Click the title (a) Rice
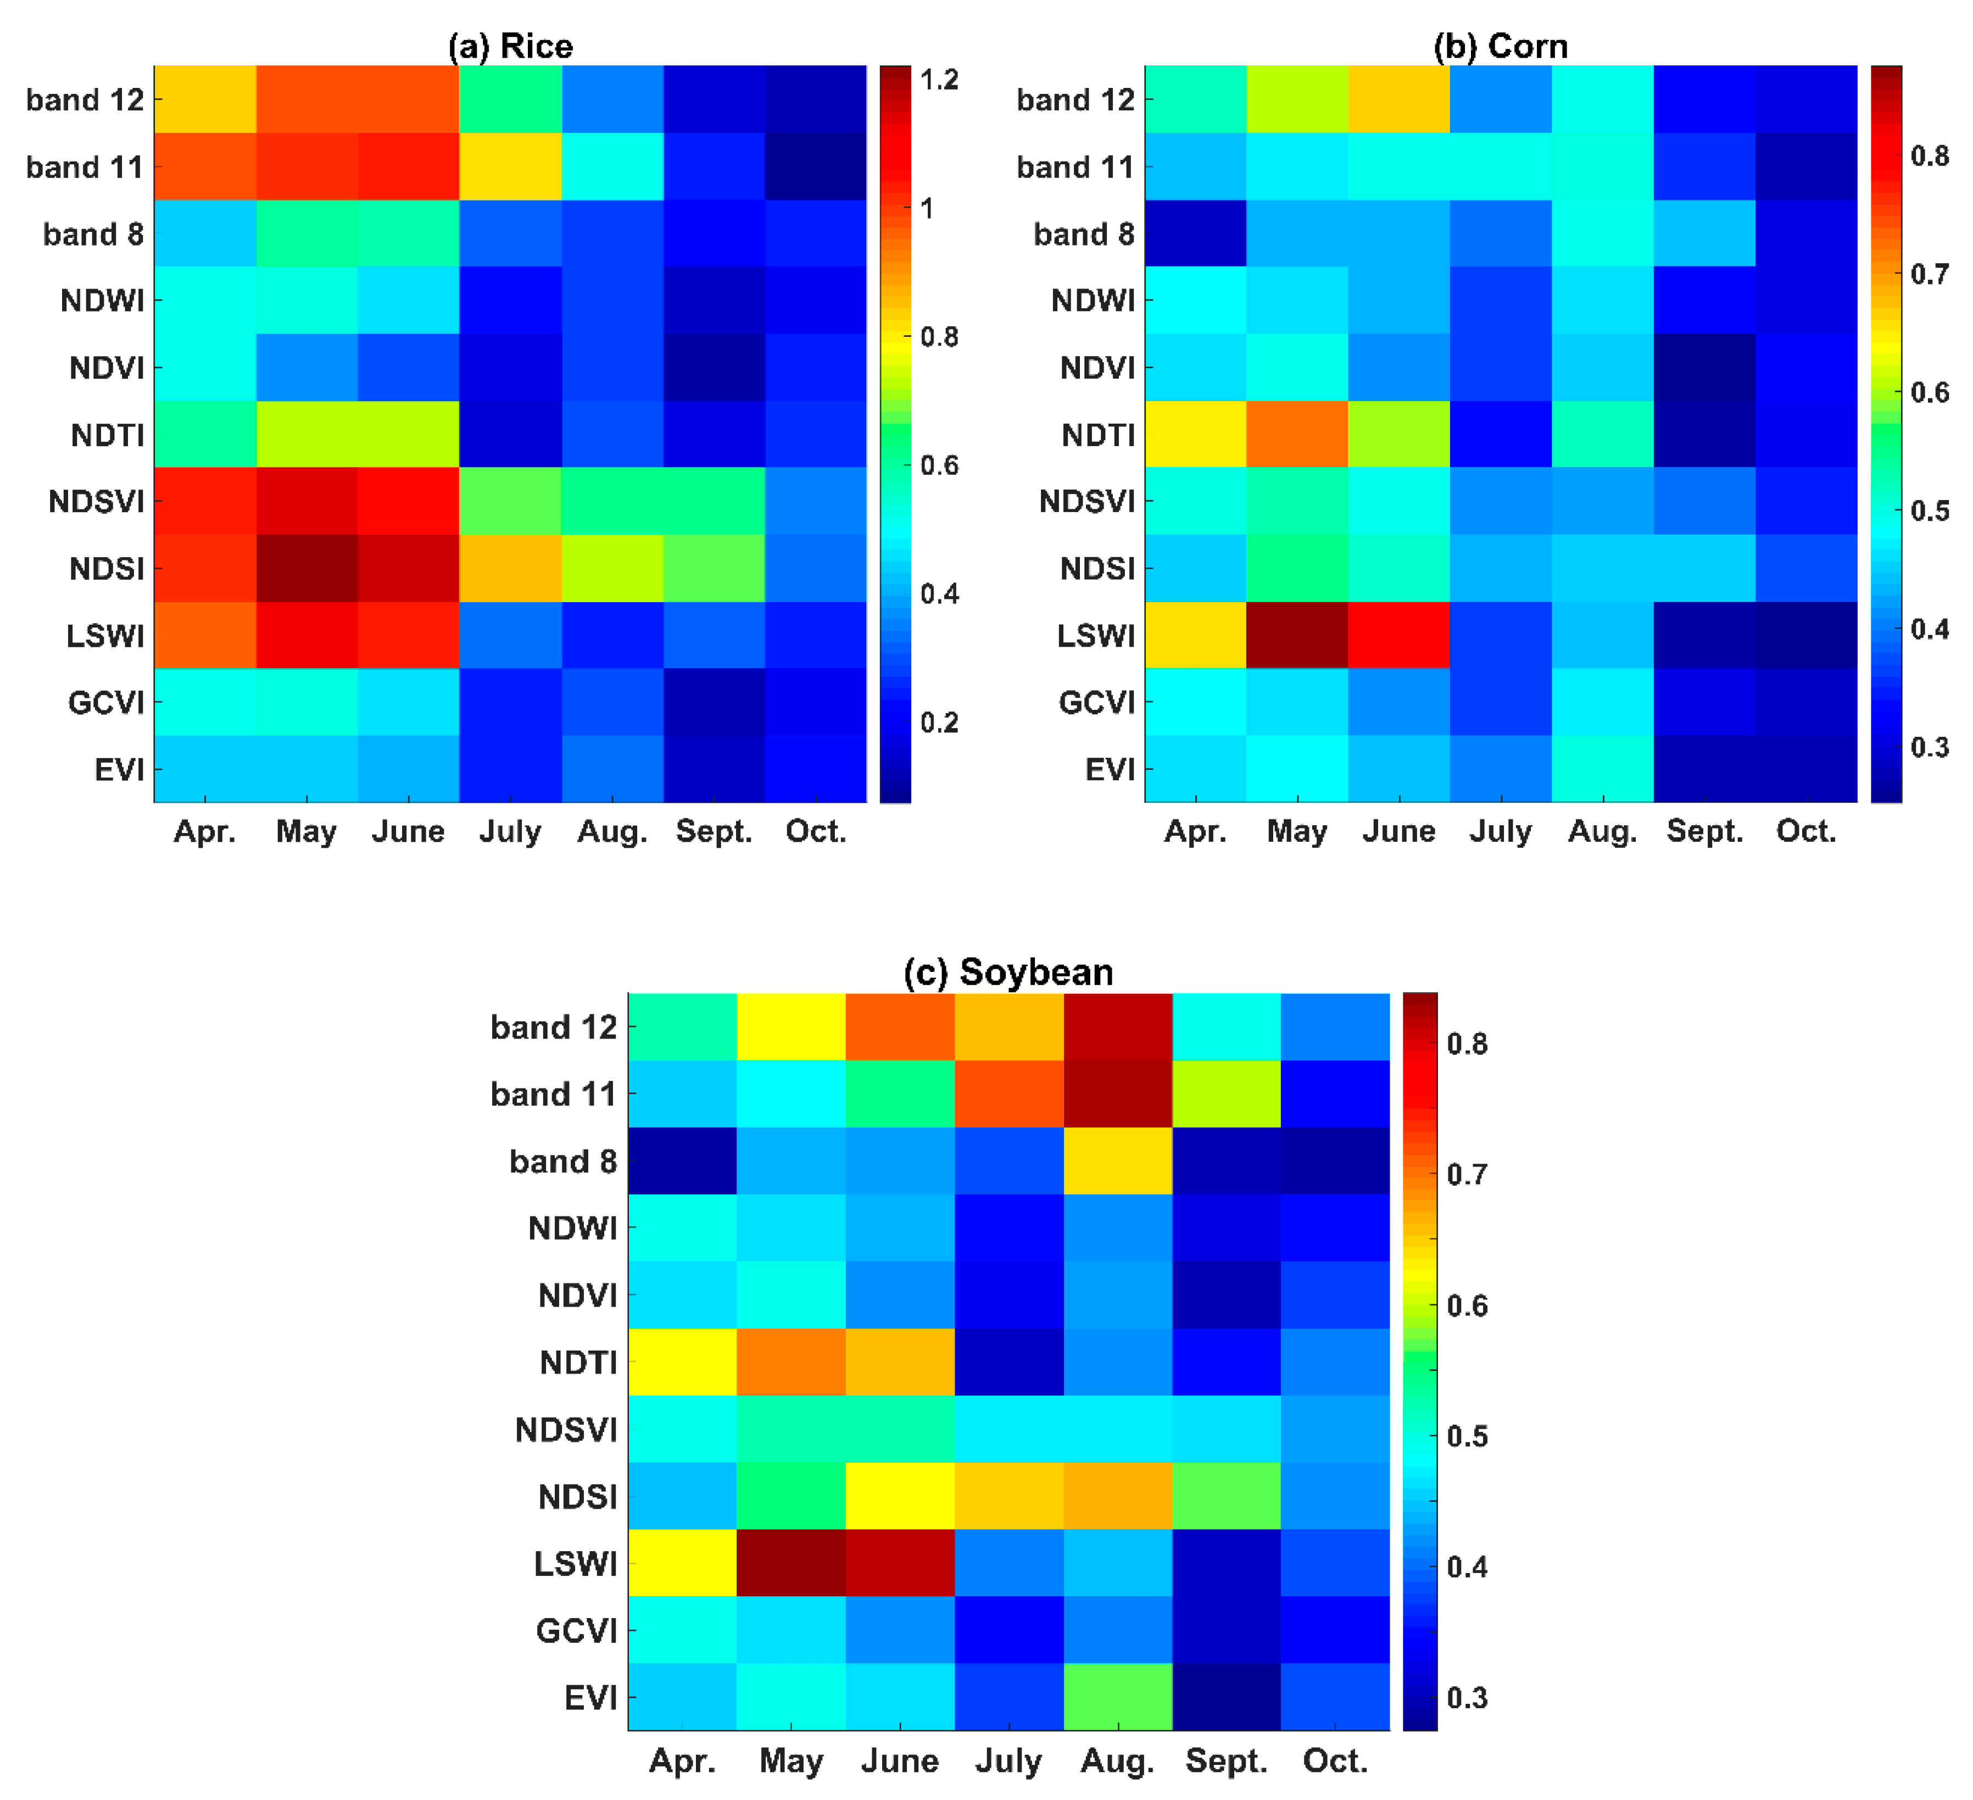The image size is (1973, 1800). coord(510,46)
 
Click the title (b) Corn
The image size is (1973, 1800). coord(1500,46)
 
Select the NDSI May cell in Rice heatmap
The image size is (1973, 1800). coord(306,568)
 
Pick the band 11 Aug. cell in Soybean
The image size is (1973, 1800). coord(1118,1093)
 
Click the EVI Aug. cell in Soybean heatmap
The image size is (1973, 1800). coord(1118,1696)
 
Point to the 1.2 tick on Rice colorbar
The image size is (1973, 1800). coord(939,79)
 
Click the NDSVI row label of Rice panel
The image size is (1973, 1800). coord(96,501)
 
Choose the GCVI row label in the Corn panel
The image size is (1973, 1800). coord(1096,702)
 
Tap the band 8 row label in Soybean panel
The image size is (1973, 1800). coord(563,1161)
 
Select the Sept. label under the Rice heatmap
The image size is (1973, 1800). coord(714,832)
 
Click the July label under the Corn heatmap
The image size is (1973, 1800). coord(1500,832)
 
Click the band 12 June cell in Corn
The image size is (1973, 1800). coord(1398,99)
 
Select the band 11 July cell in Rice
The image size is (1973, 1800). coord(510,166)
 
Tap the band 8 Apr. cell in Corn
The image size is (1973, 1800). coord(1195,233)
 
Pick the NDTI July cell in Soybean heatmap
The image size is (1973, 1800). coord(1009,1362)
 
